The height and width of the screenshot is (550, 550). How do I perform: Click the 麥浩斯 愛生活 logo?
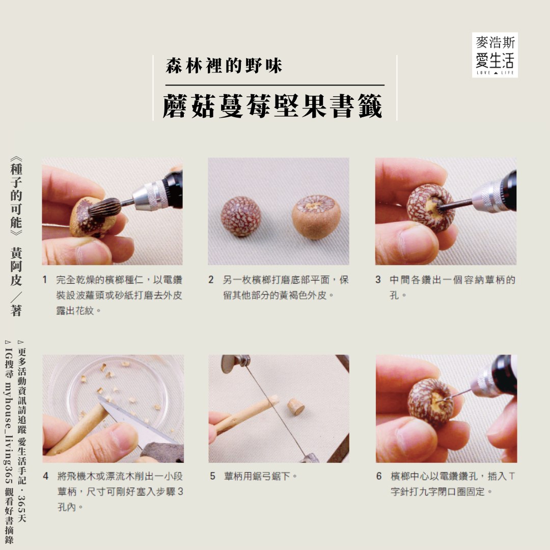click(x=494, y=55)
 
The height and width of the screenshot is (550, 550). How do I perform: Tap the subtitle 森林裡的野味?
click(x=224, y=66)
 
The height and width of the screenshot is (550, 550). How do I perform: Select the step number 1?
click(x=44, y=280)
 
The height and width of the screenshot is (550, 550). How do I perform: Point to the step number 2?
click(x=211, y=280)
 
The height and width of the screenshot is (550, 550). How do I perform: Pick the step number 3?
click(x=378, y=280)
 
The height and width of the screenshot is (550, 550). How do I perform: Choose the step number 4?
click(x=46, y=476)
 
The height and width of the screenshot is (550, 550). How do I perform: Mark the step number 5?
click(x=212, y=476)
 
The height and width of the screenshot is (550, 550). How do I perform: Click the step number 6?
click(x=379, y=476)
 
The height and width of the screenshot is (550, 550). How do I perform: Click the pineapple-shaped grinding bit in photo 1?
click(x=104, y=207)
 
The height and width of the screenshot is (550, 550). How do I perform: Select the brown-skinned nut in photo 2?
click(x=316, y=217)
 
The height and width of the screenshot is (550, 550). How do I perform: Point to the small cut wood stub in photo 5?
click(x=296, y=406)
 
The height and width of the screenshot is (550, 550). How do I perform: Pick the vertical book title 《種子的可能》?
click(x=16, y=196)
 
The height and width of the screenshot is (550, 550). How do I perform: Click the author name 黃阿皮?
click(x=16, y=266)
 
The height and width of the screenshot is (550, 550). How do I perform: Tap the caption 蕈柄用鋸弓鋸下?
click(x=260, y=476)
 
